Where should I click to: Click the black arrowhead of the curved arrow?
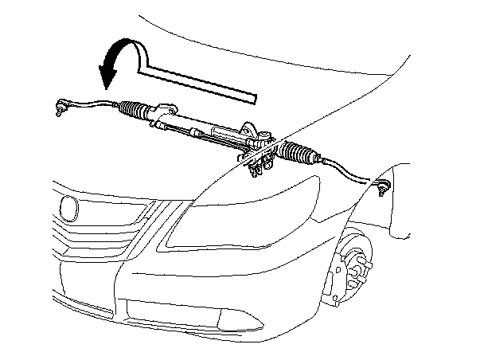(107, 76)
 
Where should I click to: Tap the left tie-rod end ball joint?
(61, 104)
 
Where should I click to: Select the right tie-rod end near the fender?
(381, 188)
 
